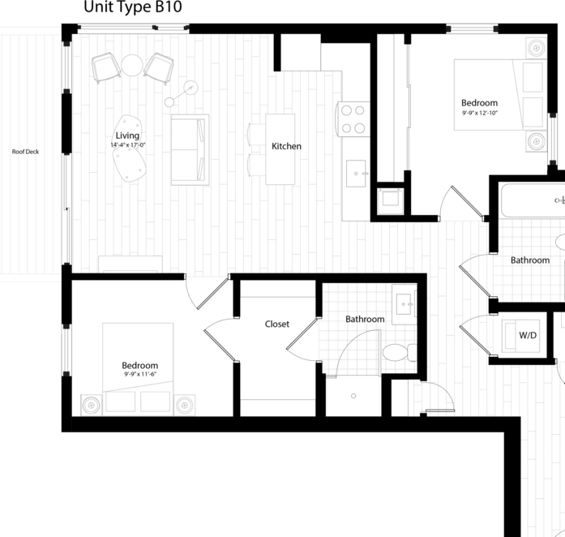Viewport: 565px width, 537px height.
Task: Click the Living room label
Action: [x=127, y=135]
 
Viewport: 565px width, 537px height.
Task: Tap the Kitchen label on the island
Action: [x=285, y=146]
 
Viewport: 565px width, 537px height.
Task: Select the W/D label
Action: [x=528, y=334]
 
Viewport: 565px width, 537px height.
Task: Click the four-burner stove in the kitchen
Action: [x=354, y=118]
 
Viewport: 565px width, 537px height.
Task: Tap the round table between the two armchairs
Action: [x=132, y=65]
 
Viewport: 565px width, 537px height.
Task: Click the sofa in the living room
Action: [x=190, y=149]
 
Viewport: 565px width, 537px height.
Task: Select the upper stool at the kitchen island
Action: [x=255, y=135]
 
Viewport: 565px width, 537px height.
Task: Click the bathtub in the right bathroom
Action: [x=532, y=200]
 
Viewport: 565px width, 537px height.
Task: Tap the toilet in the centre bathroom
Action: [x=396, y=352]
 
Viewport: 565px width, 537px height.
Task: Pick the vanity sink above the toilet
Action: [x=404, y=304]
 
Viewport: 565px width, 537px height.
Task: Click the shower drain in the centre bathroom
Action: [x=353, y=397]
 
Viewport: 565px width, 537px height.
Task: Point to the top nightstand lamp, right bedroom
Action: [x=536, y=48]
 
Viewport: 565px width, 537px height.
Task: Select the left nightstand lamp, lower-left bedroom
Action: [x=91, y=404]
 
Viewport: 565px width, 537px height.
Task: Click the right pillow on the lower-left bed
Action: [x=155, y=402]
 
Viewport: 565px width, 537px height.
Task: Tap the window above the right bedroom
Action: [x=472, y=29]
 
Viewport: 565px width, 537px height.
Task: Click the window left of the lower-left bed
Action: [x=66, y=350]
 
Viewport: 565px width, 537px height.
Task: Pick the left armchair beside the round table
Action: [x=105, y=67]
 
